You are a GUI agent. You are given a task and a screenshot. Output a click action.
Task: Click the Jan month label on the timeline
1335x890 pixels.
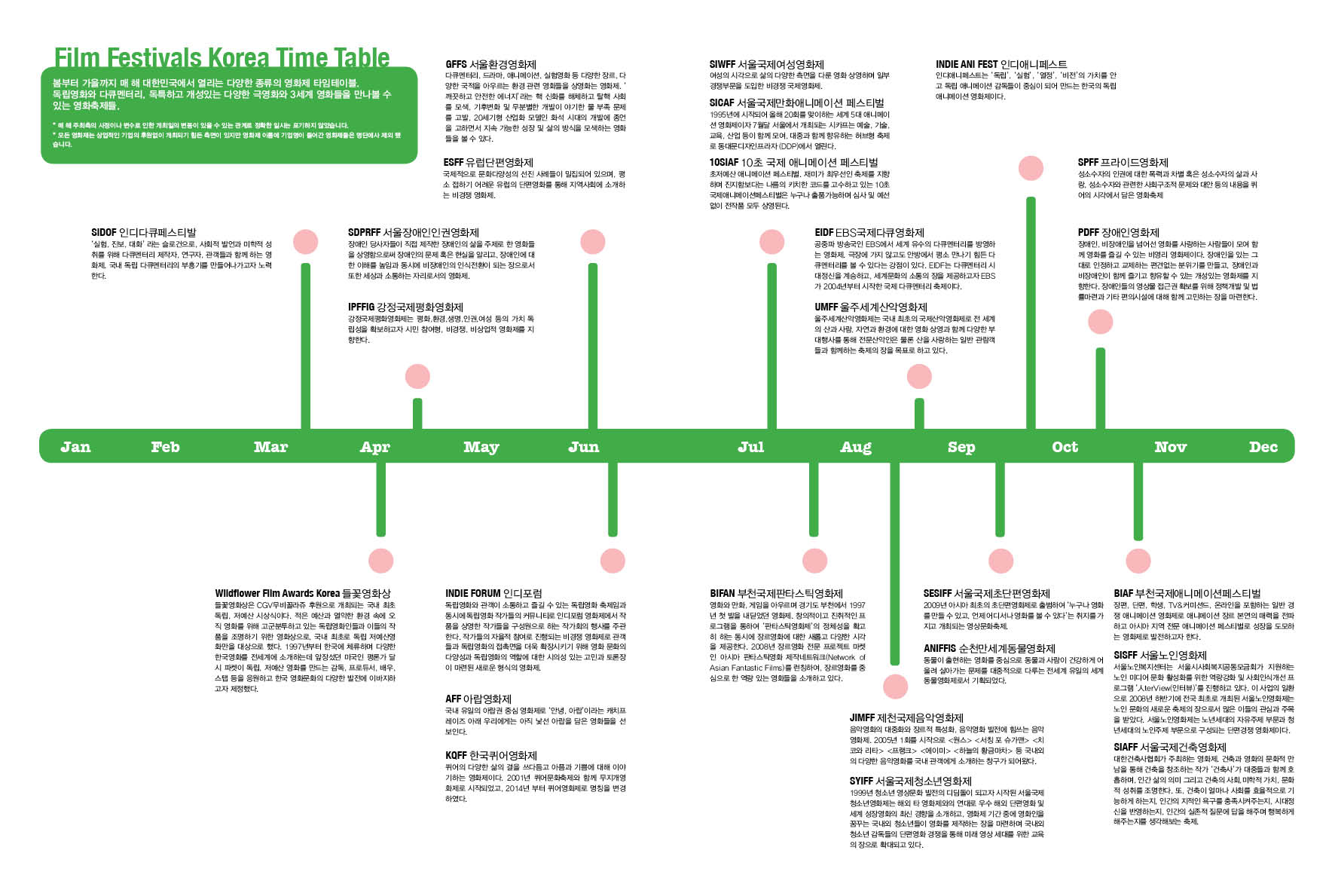pyautogui.click(x=75, y=447)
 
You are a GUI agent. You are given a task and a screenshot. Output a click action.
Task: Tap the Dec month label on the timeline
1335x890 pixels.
pyautogui.click(x=1263, y=447)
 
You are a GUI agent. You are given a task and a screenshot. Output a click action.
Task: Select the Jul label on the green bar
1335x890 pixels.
pyautogui.click(x=750, y=447)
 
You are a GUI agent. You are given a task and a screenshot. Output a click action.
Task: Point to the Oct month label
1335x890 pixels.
pyautogui.click(x=1065, y=447)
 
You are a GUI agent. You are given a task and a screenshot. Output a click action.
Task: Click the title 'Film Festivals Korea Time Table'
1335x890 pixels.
pyautogui.click(x=221, y=57)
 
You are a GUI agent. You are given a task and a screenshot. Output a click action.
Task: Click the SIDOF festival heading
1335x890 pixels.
pyautogui.click(x=143, y=233)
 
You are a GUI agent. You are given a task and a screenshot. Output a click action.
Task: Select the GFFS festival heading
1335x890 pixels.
pyautogui.click(x=490, y=65)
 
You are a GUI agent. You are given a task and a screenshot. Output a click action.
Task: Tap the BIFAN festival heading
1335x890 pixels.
pyautogui.click(x=776, y=594)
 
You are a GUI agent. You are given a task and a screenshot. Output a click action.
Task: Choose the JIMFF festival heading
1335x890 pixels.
pyautogui.click(x=906, y=718)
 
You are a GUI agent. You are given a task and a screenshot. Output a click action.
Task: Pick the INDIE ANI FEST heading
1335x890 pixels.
pyautogui.click(x=1001, y=65)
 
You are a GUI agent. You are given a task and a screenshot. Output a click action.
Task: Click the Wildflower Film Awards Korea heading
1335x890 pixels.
pyautogui.click(x=302, y=594)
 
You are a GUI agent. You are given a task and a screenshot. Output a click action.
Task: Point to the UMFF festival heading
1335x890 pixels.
pyautogui.click(x=870, y=307)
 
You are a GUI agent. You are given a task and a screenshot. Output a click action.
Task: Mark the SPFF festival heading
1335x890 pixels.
pyautogui.click(x=1123, y=163)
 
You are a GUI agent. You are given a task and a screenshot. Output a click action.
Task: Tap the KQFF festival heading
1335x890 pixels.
pyautogui.click(x=490, y=756)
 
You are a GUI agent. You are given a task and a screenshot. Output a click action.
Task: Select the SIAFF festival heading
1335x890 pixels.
pyautogui.click(x=1169, y=748)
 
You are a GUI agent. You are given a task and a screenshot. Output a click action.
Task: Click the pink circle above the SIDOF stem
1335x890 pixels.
pyautogui.click(x=305, y=242)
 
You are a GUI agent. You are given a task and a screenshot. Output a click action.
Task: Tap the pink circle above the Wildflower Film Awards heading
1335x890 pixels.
pyautogui.click(x=381, y=561)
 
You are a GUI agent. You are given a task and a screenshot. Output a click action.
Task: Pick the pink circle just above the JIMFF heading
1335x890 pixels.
pyautogui.click(x=895, y=687)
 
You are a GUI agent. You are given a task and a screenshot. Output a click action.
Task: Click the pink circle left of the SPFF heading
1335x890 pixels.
pyautogui.click(x=1031, y=168)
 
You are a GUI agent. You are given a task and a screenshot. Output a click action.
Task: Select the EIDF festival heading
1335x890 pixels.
pyautogui.click(x=869, y=233)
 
